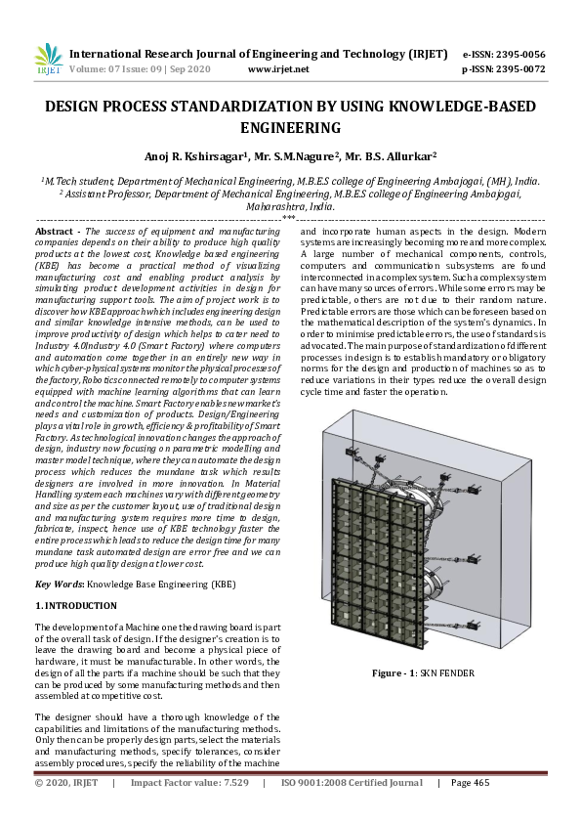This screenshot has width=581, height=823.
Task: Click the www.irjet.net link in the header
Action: [278, 69]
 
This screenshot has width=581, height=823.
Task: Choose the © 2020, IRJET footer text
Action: [66, 784]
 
